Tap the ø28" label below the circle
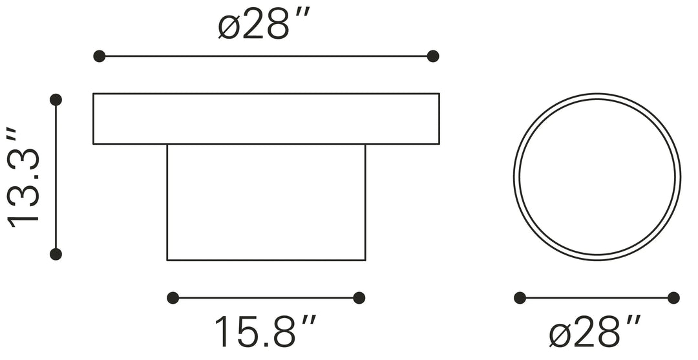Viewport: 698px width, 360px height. click(x=595, y=334)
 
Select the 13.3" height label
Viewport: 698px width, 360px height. click(x=25, y=176)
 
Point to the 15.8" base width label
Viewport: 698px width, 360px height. click(x=265, y=332)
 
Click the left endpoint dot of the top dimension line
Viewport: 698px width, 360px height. click(x=99, y=56)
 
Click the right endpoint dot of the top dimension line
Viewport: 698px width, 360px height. click(x=433, y=56)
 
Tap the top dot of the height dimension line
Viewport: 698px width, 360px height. click(x=56, y=100)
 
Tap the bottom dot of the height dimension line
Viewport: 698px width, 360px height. click(x=56, y=253)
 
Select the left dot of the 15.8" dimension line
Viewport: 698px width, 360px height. click(x=173, y=298)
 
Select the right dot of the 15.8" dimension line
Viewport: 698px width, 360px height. click(x=359, y=298)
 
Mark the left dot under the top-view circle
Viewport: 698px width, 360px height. click(x=520, y=298)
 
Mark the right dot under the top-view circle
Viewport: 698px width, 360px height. click(x=673, y=298)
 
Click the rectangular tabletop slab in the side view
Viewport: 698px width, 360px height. click(x=266, y=119)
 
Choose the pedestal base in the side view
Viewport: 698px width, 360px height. click(x=266, y=202)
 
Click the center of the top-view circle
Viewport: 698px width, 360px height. click(x=597, y=176)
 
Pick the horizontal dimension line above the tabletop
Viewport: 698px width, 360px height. click(x=266, y=56)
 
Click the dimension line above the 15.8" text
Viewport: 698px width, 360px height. click(x=266, y=298)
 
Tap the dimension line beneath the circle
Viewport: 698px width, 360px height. click(x=597, y=298)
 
